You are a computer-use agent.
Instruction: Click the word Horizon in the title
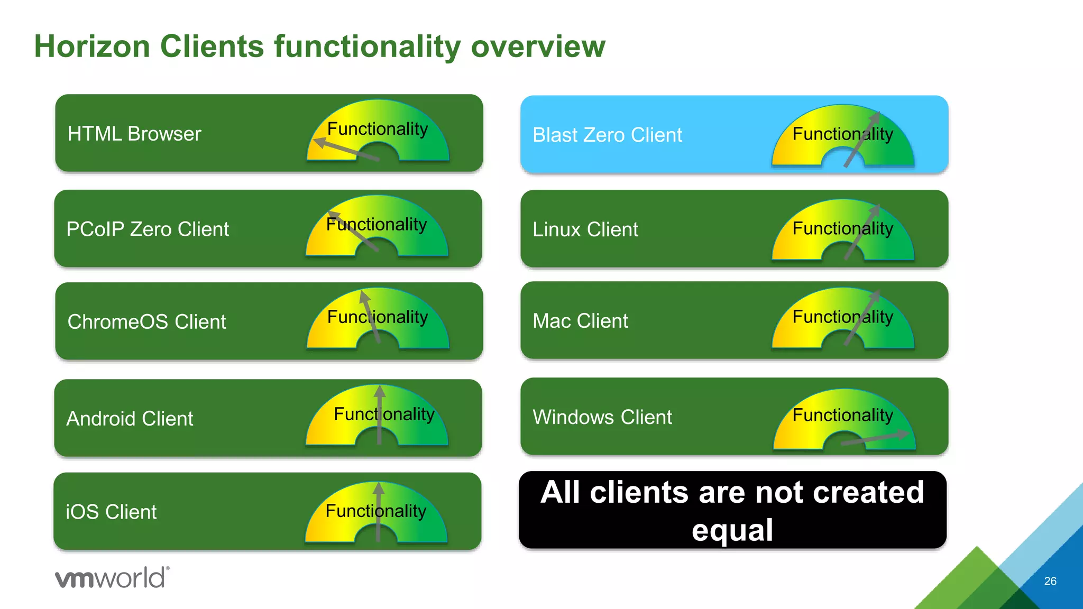click(92, 47)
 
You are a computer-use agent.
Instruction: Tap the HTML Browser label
click(134, 134)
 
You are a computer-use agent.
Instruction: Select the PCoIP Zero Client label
click(148, 229)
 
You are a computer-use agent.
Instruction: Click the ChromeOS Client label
click(146, 321)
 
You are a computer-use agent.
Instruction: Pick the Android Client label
click(130, 419)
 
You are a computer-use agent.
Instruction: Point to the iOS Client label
click(111, 512)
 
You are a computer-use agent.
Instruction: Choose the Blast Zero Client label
click(607, 135)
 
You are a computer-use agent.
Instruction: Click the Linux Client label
click(585, 229)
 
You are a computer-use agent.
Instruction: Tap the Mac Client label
click(580, 321)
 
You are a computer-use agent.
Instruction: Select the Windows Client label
click(602, 417)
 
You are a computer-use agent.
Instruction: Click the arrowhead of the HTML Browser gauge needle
click(319, 142)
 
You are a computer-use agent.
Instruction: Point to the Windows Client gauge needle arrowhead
click(903, 435)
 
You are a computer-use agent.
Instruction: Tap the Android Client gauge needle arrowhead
click(380, 391)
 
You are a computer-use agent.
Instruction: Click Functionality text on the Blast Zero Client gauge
click(842, 134)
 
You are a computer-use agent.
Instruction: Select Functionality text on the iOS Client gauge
click(375, 511)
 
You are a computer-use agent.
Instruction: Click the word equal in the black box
click(732, 530)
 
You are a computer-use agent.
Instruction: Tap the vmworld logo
click(112, 578)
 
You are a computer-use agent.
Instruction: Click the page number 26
click(1050, 581)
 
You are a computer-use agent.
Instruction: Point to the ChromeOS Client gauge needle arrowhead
click(364, 297)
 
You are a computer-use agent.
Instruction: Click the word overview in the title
click(538, 47)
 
